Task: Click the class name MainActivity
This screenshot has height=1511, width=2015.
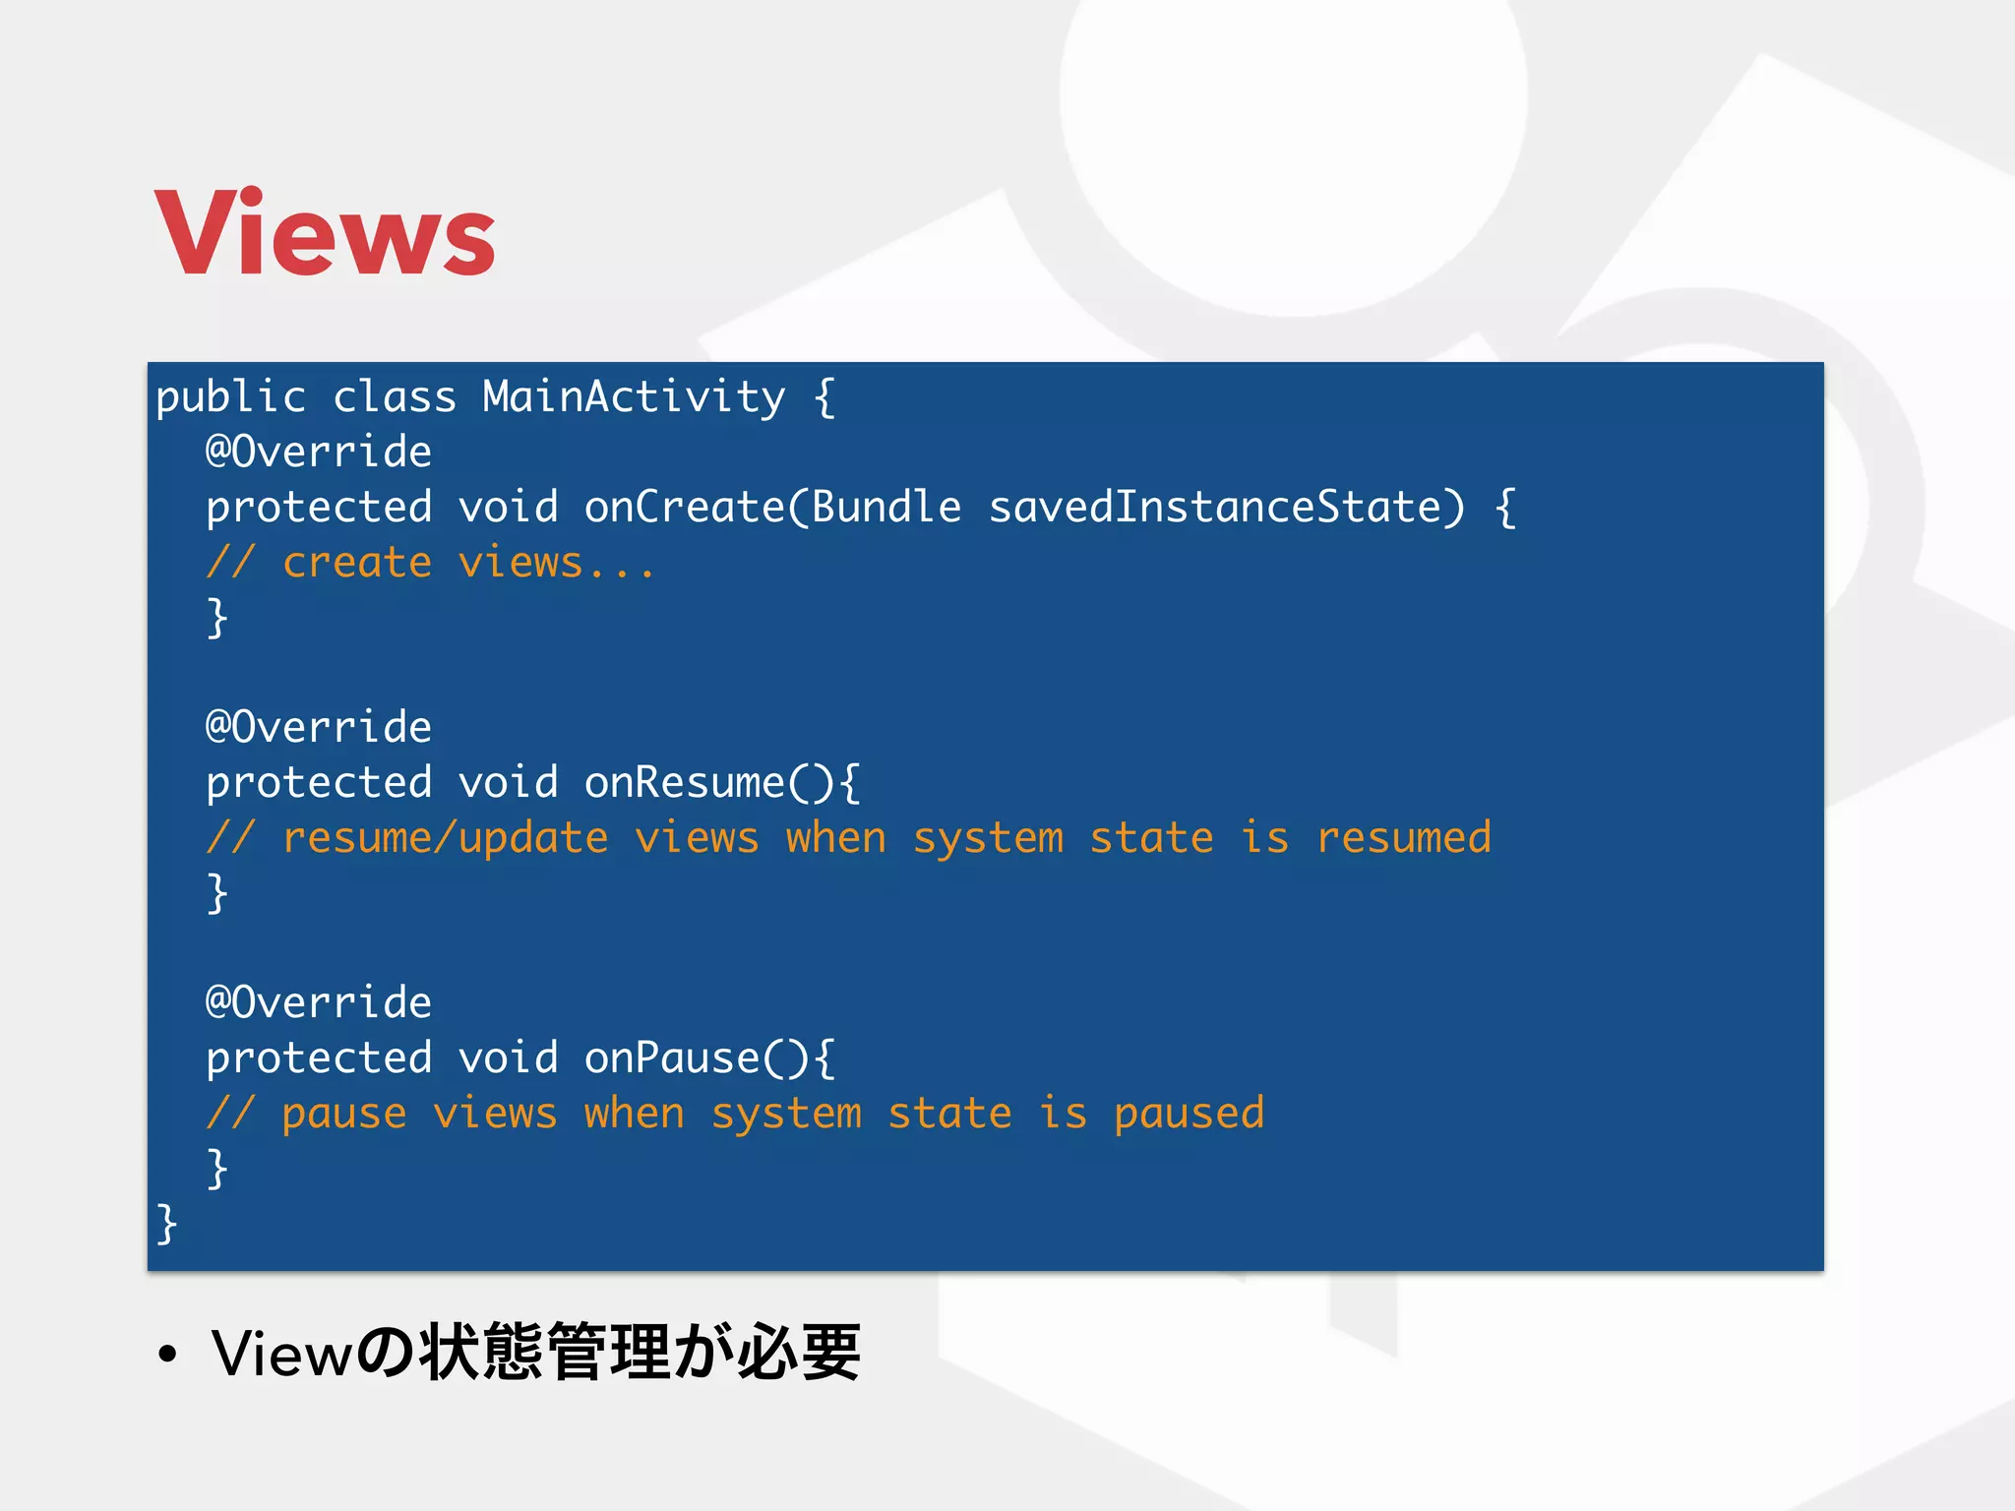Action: click(x=634, y=397)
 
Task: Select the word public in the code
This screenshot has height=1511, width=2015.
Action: click(x=231, y=397)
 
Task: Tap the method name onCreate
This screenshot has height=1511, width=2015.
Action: click(x=684, y=508)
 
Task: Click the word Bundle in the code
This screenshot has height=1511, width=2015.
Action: click(x=885, y=508)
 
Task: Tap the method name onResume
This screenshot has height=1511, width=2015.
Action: click(x=684, y=783)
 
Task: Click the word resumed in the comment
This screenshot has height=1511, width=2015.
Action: click(x=1403, y=838)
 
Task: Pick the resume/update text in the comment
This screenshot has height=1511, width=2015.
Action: click(x=445, y=838)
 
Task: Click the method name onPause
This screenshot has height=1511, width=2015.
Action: click(x=672, y=1058)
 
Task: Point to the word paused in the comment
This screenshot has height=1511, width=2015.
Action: click(x=1189, y=1114)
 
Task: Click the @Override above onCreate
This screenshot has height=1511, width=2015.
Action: click(x=318, y=453)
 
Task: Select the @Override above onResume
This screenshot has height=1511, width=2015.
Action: click(x=318, y=728)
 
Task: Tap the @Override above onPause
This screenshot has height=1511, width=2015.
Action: click(x=318, y=1003)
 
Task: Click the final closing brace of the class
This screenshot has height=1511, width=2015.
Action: click(x=166, y=1224)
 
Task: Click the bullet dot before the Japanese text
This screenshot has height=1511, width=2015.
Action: click(x=168, y=1355)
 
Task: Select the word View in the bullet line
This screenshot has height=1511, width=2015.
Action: click(x=281, y=1354)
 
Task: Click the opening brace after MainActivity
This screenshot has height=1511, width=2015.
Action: click(x=824, y=397)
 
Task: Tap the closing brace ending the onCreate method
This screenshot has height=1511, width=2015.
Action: click(x=217, y=618)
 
